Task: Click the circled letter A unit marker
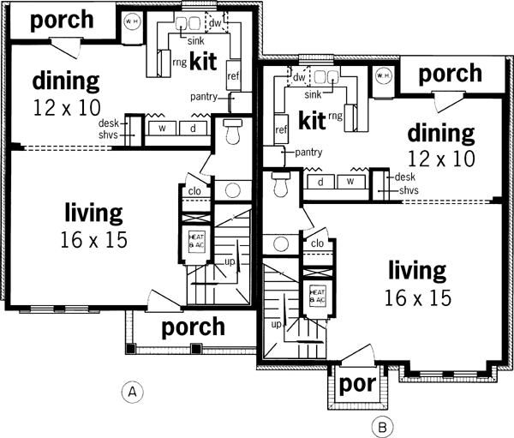click(130, 392)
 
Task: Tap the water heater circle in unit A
click(131, 22)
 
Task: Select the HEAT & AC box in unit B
click(317, 296)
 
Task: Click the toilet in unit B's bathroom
click(279, 185)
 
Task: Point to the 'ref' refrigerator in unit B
click(280, 130)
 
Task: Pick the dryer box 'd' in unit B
click(320, 182)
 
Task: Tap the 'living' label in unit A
click(93, 213)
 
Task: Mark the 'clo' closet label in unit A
click(194, 191)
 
